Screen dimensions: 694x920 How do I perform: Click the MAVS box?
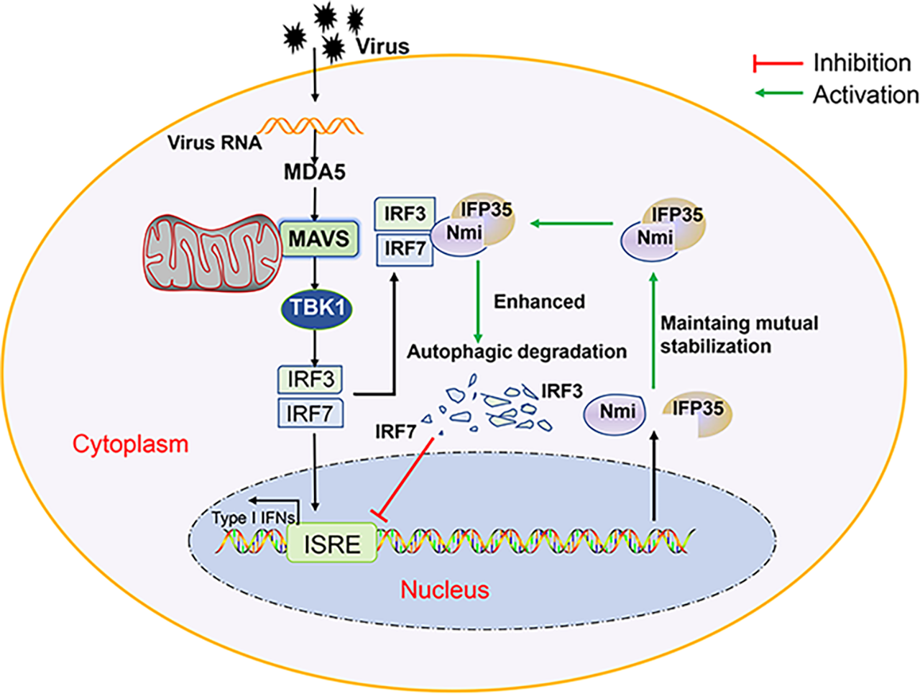pyautogui.click(x=318, y=238)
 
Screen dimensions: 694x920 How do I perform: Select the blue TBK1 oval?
pyautogui.click(x=318, y=308)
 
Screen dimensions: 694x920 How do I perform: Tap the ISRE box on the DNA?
pyautogui.click(x=332, y=544)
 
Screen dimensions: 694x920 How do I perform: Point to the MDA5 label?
pyautogui.click(x=315, y=172)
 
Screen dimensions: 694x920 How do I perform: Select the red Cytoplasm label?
pyautogui.click(x=131, y=444)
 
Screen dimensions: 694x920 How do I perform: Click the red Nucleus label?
pyautogui.click(x=445, y=590)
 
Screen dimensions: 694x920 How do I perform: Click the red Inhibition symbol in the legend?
pyautogui.click(x=777, y=63)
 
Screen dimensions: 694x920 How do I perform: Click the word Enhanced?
pyautogui.click(x=539, y=301)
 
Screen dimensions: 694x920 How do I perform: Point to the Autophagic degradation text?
pyautogui.click(x=517, y=352)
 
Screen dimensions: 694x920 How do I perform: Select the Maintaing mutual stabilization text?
pyautogui.click(x=739, y=334)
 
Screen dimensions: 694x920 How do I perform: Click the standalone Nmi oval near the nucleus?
pyautogui.click(x=614, y=412)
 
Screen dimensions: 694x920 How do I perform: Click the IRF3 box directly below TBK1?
pyautogui.click(x=310, y=379)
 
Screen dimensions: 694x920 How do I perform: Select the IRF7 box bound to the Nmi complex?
pyautogui.click(x=405, y=249)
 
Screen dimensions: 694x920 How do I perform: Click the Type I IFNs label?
pyautogui.click(x=253, y=518)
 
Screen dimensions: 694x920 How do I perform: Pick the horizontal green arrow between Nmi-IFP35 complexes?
pyautogui.click(x=571, y=224)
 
